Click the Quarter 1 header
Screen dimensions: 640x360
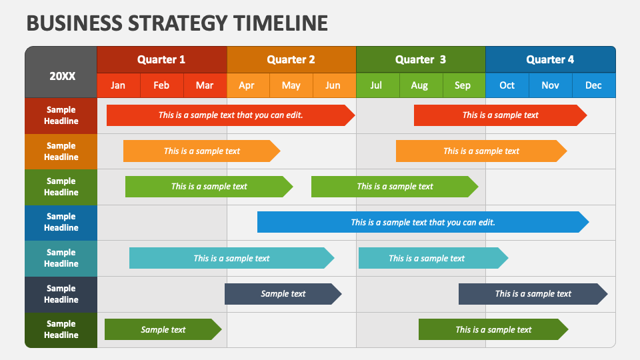pos(161,59)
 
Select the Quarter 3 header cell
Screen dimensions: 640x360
pos(421,59)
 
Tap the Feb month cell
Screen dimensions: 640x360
pos(161,85)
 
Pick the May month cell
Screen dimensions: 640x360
pos(291,85)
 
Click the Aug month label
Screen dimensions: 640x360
pos(419,85)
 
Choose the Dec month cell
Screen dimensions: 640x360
pos(594,85)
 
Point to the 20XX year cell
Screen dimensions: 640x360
pos(61,72)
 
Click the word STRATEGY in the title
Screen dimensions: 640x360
pos(177,23)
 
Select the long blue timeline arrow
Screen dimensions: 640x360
pos(423,222)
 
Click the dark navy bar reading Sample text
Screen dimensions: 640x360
pos(283,294)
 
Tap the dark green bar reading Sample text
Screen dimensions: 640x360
pos(163,329)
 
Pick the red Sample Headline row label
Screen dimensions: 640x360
pos(61,115)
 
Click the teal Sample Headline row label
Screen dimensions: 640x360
pos(61,259)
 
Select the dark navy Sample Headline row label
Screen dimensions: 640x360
pos(61,294)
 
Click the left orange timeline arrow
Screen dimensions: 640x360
pos(201,151)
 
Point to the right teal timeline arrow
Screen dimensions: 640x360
pos(433,258)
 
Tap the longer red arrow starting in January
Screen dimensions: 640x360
pos(231,115)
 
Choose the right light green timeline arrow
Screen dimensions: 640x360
pos(395,187)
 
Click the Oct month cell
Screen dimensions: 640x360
pos(507,85)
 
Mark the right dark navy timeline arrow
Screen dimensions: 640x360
pos(533,294)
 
